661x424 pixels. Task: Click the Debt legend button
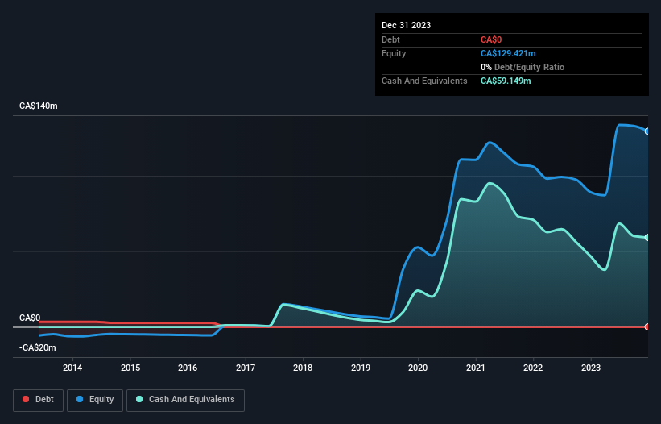coord(37,399)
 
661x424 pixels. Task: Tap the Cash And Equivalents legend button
coord(185,399)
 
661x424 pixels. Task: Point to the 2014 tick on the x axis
coord(72,368)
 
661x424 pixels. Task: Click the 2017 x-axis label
coord(246,368)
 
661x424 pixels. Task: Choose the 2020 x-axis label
coord(419,368)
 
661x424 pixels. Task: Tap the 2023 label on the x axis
coord(591,368)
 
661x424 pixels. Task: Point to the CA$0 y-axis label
coord(31,318)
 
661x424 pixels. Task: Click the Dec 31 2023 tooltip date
coord(407,25)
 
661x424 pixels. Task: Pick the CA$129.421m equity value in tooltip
coord(508,53)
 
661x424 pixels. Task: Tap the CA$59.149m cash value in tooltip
coord(506,81)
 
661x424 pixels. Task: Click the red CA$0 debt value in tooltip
coord(493,39)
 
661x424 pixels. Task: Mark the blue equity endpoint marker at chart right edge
coord(647,131)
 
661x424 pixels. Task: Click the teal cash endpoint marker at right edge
coord(647,237)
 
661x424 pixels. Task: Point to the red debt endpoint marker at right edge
coord(647,326)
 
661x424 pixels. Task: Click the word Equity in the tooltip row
coord(394,53)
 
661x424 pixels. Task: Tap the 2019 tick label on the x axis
coord(361,368)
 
